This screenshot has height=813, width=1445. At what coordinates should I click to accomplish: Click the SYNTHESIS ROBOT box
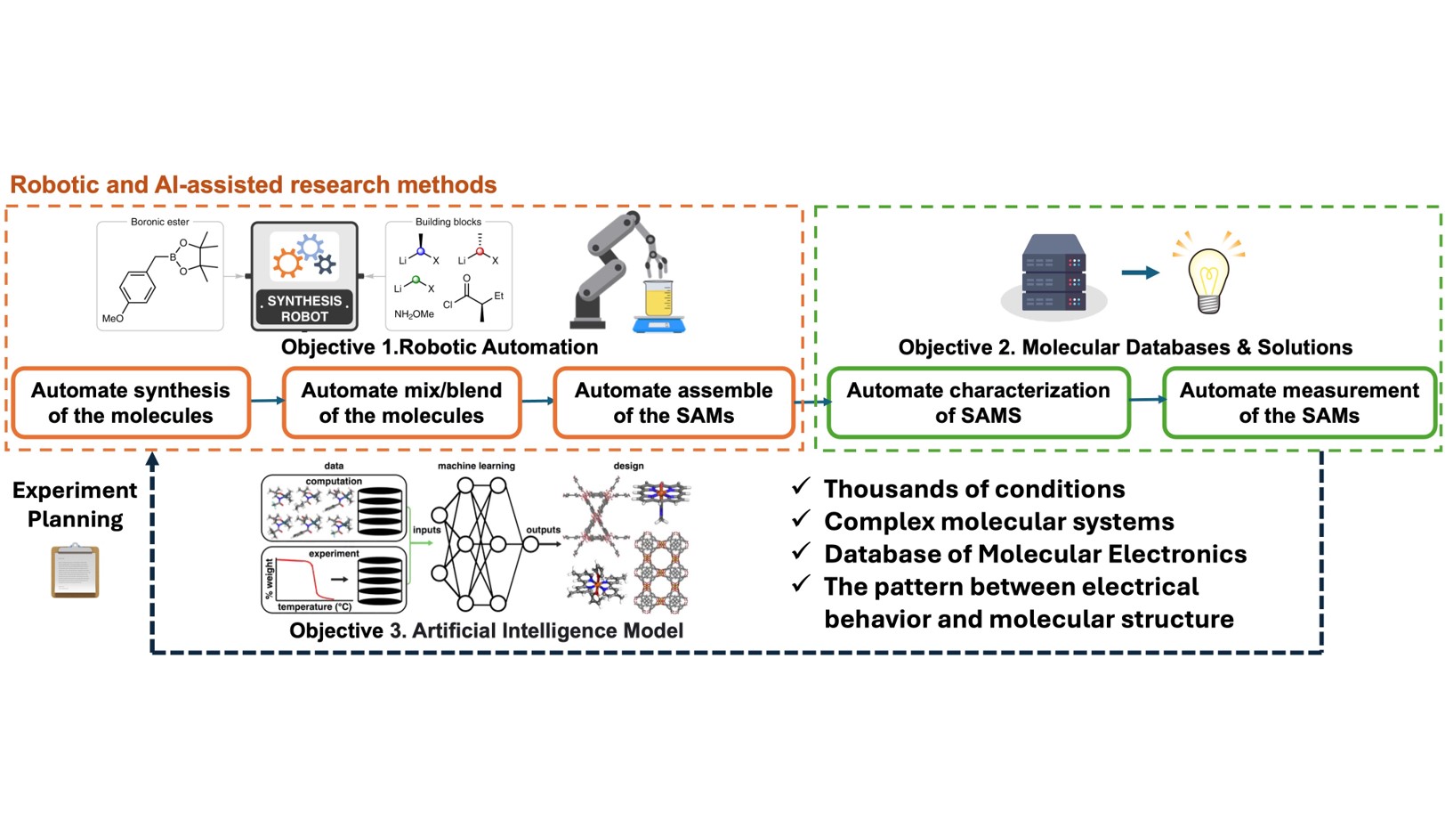304,275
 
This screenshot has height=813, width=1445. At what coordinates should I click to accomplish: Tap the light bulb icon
1208,276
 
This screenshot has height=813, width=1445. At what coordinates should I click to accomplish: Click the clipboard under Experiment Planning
75,571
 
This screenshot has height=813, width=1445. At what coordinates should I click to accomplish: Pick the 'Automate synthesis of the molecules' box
131,402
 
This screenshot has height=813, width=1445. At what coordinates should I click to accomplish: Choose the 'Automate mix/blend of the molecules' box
401,402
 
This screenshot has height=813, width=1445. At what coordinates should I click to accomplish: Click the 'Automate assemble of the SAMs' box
674,402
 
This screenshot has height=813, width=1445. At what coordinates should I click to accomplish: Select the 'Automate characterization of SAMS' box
978,402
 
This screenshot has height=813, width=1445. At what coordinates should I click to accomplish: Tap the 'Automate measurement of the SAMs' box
1299,402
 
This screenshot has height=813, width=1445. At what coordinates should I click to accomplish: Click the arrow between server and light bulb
1140,272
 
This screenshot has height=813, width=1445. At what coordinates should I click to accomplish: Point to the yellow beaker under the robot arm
658,299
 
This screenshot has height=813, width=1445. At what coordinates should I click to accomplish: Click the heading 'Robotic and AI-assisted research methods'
253,184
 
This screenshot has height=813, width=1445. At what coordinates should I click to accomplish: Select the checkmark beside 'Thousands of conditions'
801,486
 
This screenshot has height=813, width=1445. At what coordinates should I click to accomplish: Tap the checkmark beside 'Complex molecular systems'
801,518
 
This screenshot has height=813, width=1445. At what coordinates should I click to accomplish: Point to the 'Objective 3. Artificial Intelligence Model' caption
486,630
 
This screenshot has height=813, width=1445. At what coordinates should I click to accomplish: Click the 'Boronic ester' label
160,222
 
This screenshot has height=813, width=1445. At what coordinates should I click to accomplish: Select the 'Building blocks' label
448,222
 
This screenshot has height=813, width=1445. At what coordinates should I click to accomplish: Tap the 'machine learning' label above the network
476,466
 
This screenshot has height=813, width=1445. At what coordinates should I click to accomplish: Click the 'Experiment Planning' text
75,504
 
